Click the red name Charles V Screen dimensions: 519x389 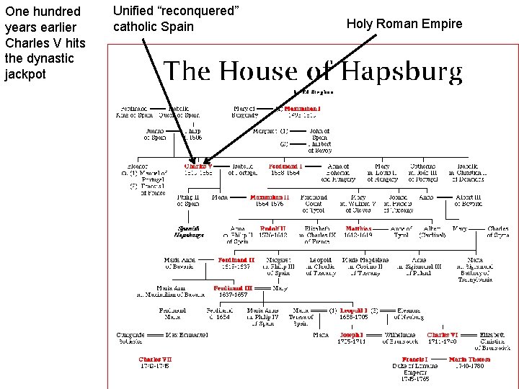point(198,166)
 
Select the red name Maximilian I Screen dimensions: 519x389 point(302,109)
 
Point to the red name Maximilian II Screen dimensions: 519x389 point(270,197)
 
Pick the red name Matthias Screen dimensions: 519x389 point(358,228)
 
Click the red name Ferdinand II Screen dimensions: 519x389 point(236,260)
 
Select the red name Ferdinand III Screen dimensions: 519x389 point(232,288)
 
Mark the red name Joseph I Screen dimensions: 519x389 point(352,335)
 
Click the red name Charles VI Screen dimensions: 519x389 point(443,335)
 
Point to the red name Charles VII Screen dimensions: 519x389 point(155,359)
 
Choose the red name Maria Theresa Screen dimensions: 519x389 point(469,359)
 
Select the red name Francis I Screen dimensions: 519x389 point(415,359)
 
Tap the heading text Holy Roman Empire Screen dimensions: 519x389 point(404,24)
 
